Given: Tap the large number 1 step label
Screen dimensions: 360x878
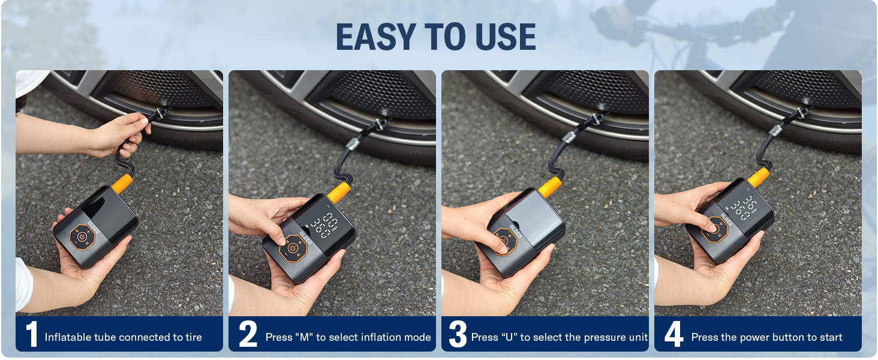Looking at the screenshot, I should coord(31,335).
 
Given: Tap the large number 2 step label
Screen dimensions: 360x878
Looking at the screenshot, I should coord(248,335).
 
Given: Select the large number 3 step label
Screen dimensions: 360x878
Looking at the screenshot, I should coord(458,335).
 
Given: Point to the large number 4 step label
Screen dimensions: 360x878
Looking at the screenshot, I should coord(673,335).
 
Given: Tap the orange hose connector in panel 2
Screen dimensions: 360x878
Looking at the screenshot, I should coord(339,192).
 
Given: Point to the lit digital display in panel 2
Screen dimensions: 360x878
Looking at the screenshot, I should coord(321,224).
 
